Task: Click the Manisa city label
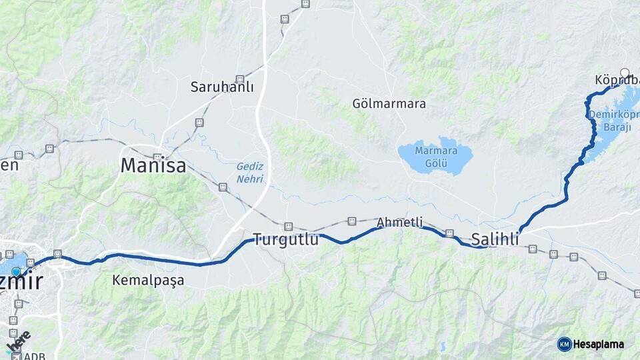coord(153,165)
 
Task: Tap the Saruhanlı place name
coord(222,87)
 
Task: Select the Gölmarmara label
coord(390,104)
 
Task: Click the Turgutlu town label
coord(285,240)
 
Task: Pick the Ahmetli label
coord(400,222)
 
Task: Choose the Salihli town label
coord(495,239)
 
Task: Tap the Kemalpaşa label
coord(148,279)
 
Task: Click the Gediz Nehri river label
coord(250,172)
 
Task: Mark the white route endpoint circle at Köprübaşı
coord(625,73)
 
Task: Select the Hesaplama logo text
coord(599,344)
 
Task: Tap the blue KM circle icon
coord(565,344)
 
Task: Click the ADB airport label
coord(34,356)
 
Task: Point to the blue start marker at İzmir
coord(16,272)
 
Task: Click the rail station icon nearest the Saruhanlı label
coord(239,79)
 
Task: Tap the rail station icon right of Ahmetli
coord(449,233)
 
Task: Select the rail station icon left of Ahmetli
coord(352,221)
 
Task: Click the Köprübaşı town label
coord(616,81)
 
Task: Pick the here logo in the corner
coord(18,342)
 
